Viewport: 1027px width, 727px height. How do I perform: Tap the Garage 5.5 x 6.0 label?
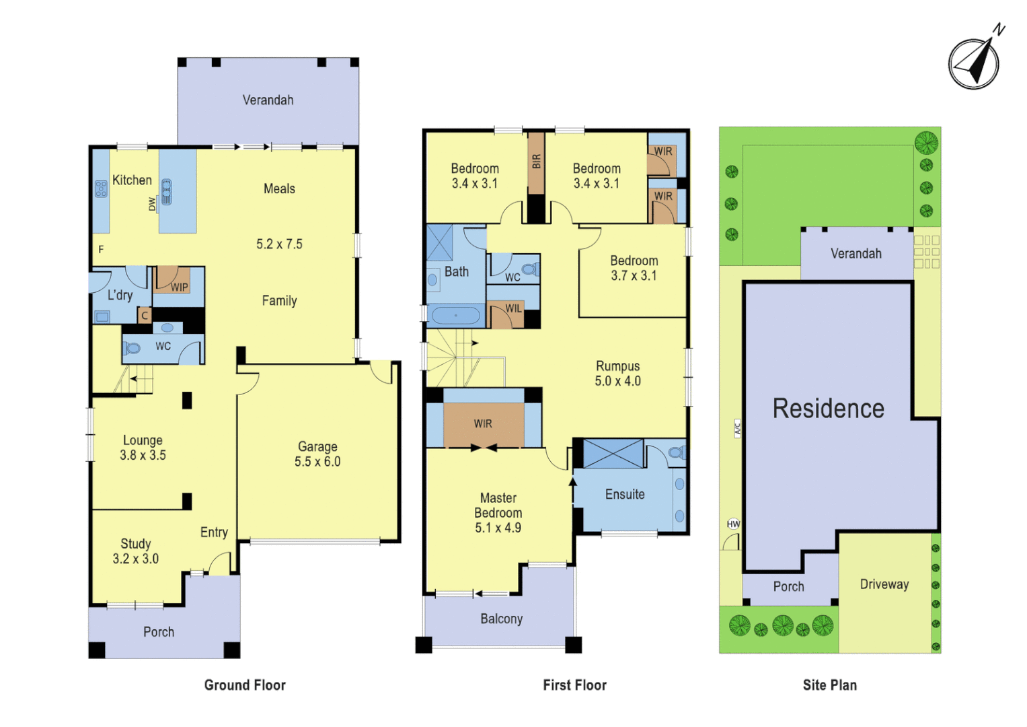click(x=317, y=454)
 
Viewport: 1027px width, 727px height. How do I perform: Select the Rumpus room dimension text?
click(x=617, y=381)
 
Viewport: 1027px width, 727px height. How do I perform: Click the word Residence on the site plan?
click(x=828, y=409)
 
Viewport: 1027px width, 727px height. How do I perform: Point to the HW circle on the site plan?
click(x=733, y=524)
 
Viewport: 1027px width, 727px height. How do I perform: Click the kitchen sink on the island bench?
click(x=166, y=191)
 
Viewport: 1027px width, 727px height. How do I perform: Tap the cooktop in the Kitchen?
click(x=102, y=188)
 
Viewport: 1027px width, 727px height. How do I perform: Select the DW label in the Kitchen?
click(x=152, y=203)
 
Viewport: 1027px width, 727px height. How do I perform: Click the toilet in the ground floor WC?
click(x=131, y=348)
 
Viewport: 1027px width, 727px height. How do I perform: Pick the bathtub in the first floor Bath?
click(x=455, y=315)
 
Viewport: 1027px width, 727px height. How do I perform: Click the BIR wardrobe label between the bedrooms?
click(x=536, y=162)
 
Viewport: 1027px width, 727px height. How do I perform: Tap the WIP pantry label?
click(x=179, y=287)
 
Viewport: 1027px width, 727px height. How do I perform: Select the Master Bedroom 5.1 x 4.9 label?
click(x=498, y=513)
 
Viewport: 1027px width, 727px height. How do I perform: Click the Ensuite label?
click(x=625, y=495)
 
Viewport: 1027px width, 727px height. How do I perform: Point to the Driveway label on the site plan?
click(x=884, y=584)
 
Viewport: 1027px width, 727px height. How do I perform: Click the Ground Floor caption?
click(x=245, y=685)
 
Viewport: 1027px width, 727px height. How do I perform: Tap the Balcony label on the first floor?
click(x=501, y=619)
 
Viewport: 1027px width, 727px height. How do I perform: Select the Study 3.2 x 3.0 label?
click(x=135, y=551)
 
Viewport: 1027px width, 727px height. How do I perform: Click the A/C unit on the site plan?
click(x=737, y=428)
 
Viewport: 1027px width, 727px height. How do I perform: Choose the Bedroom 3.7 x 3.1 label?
click(x=634, y=268)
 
